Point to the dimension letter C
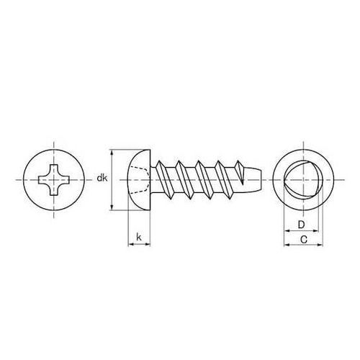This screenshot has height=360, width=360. [x=305, y=238]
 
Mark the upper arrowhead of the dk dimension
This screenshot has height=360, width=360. [x=112, y=153]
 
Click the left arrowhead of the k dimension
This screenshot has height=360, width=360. [x=130, y=245]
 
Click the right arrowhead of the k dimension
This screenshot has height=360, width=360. [x=148, y=245]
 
